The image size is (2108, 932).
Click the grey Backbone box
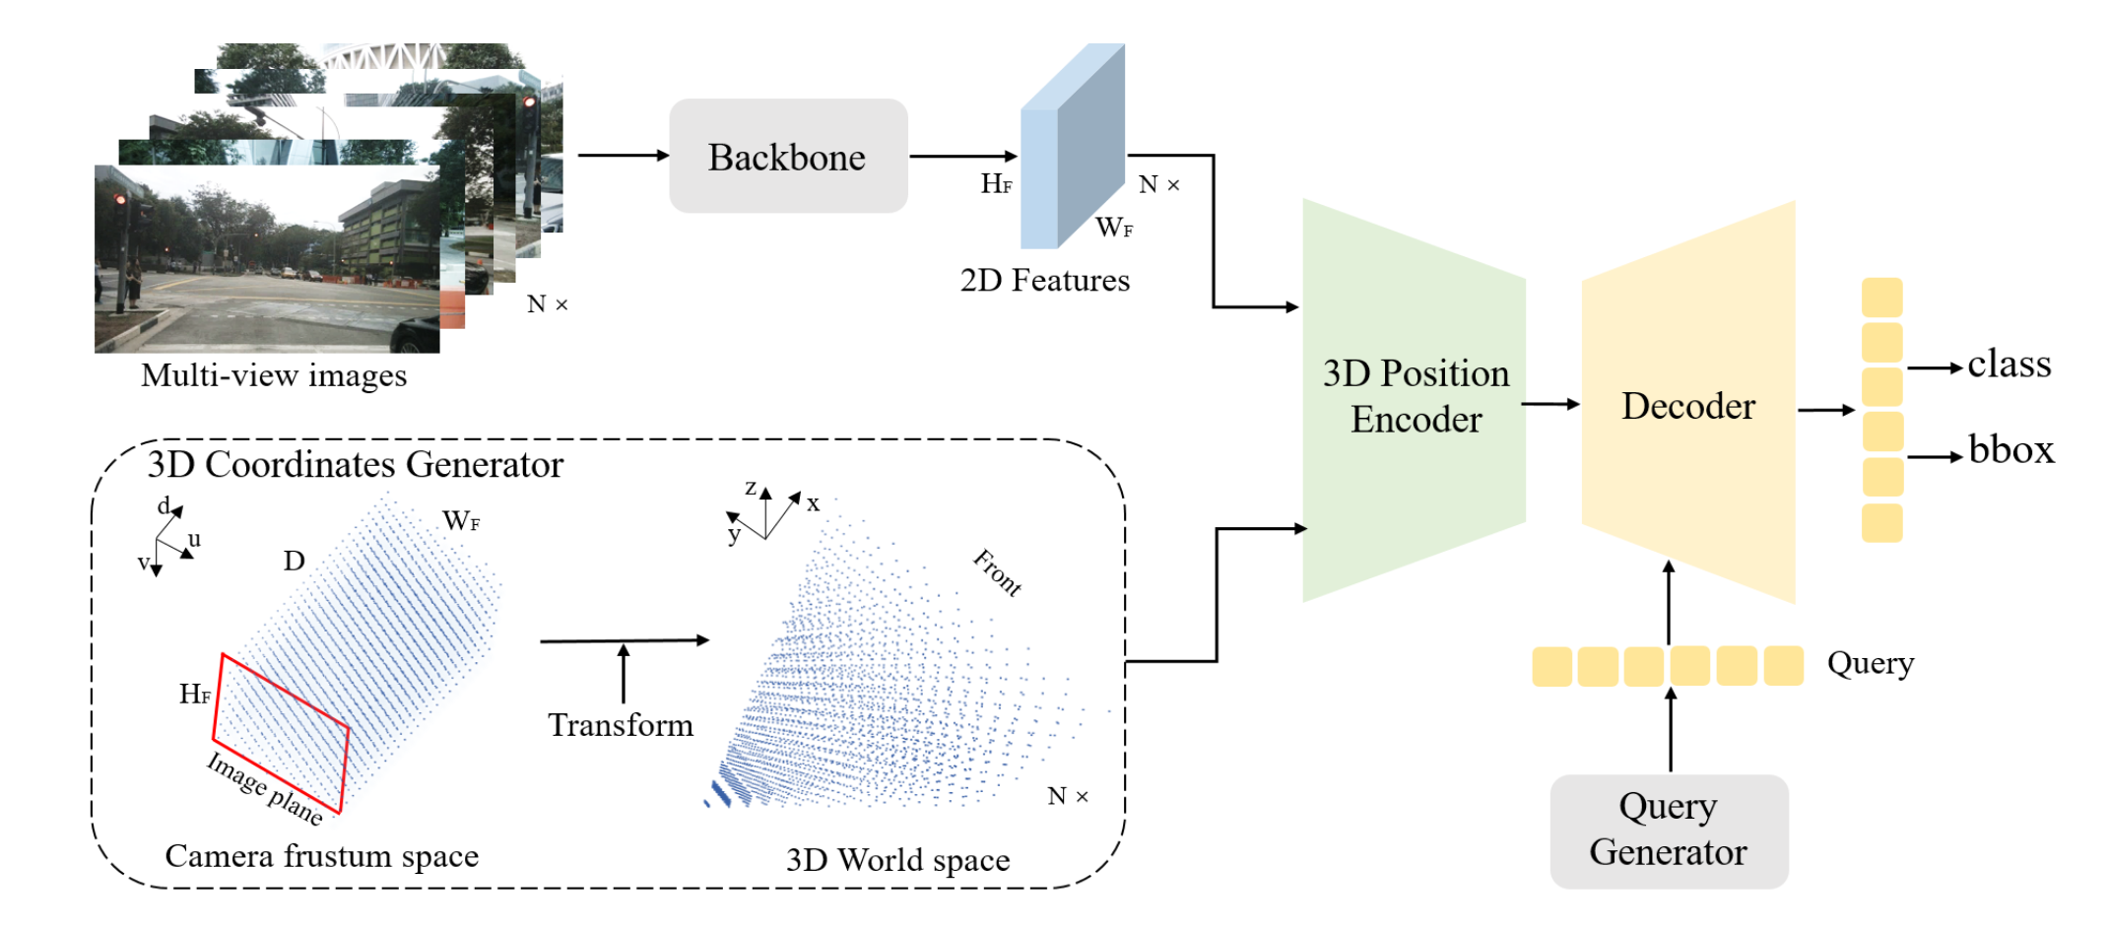pyautogui.click(x=788, y=156)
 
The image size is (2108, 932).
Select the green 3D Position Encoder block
pyautogui.click(x=1415, y=400)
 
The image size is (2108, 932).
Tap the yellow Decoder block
pyautogui.click(x=1688, y=403)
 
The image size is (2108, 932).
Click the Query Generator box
pyautogui.click(x=1669, y=831)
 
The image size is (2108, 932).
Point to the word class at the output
pyautogui.click(x=2009, y=365)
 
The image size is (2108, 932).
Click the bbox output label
pyautogui.click(x=2011, y=449)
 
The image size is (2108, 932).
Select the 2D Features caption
pyautogui.click(x=1045, y=281)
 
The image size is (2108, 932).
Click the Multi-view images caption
pyautogui.click(x=274, y=375)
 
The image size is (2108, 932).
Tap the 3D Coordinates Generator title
pyautogui.click(x=356, y=464)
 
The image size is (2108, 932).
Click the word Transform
pyautogui.click(x=621, y=725)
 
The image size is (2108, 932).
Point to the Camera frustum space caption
pyautogui.click(x=322, y=856)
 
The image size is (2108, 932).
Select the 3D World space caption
pyautogui.click(x=898, y=860)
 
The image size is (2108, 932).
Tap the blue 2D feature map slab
pyautogui.click(x=1072, y=146)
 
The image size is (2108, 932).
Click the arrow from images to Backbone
pyautogui.click(x=624, y=155)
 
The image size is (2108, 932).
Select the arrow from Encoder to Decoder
pyautogui.click(x=1551, y=404)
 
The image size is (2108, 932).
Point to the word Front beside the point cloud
pyautogui.click(x=998, y=572)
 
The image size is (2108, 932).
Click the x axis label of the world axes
pyautogui.click(x=813, y=503)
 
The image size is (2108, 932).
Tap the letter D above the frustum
pyautogui.click(x=295, y=561)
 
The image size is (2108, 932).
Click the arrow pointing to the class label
pyautogui.click(x=1936, y=367)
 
